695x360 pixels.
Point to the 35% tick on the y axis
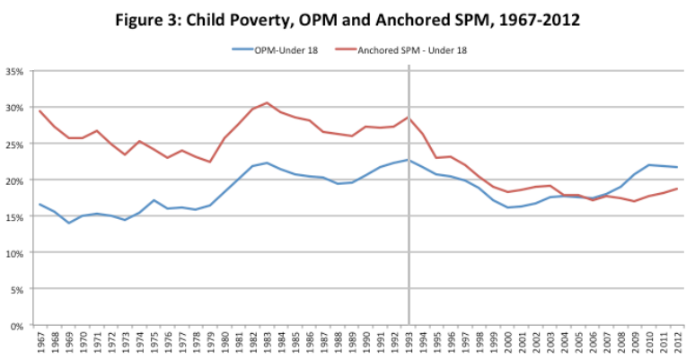pyautogui.click(x=17, y=71)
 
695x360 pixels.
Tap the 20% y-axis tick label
pyautogui.click(x=17, y=180)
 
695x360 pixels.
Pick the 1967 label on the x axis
pyautogui.click(x=40, y=343)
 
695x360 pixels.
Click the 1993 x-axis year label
pyautogui.click(x=409, y=343)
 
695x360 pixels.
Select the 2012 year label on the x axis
pyautogui.click(x=678, y=343)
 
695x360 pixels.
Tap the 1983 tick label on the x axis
pyautogui.click(x=267, y=343)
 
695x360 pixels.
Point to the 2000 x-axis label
pyautogui.click(x=508, y=343)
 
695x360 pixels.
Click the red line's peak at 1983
pyautogui.click(x=267, y=102)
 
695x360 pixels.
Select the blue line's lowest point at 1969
pyautogui.click(x=68, y=223)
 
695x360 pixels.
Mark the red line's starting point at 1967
pyautogui.click(x=40, y=110)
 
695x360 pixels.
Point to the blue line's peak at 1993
pyautogui.click(x=409, y=160)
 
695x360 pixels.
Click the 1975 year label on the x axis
pyautogui.click(x=154, y=343)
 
